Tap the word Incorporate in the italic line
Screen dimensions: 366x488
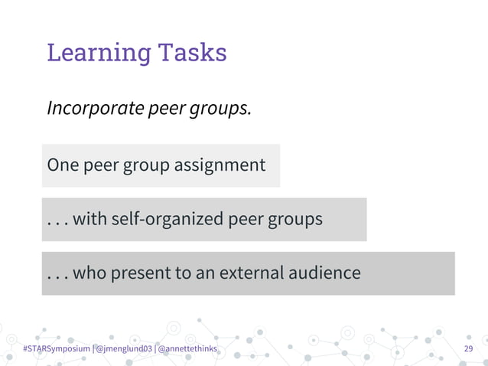93,109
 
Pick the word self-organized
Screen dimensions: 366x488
167,220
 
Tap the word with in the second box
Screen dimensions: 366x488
90,219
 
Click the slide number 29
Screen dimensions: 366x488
469,349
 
